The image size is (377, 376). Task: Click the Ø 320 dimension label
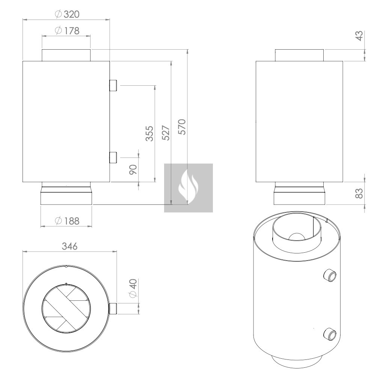67,14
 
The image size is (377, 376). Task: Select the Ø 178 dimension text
67,31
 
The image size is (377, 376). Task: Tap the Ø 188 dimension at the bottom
67,221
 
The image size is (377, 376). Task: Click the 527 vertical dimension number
166,133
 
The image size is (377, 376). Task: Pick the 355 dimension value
149,133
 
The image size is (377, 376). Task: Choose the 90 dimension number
133,170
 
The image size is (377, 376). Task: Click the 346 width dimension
70,246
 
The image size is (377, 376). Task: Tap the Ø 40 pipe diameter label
133,288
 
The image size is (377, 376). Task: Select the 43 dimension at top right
359,36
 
